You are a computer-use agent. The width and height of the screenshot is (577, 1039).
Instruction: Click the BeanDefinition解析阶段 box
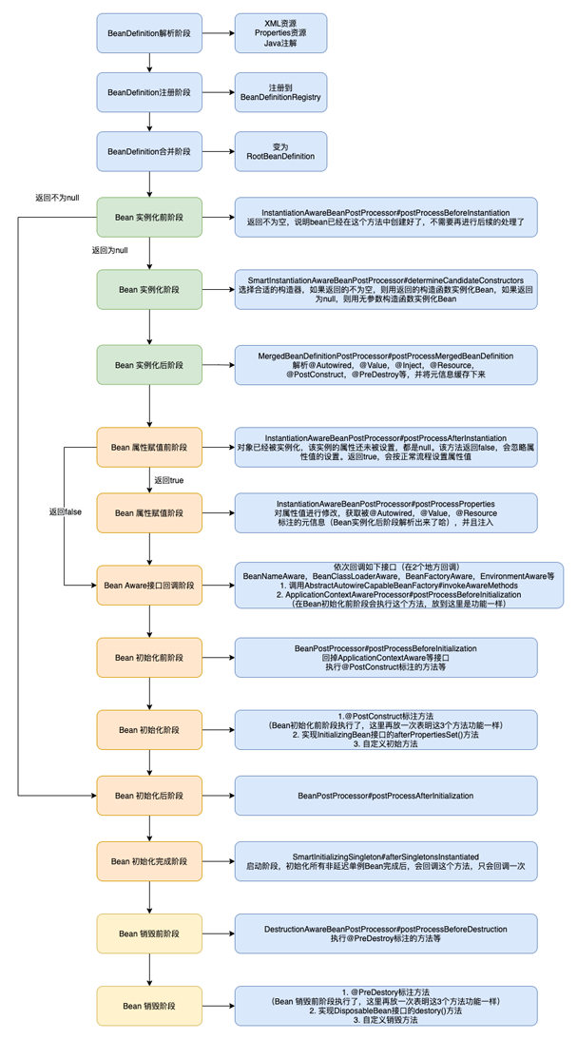coord(150,33)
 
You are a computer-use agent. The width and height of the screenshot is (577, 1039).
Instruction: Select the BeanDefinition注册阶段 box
coord(150,92)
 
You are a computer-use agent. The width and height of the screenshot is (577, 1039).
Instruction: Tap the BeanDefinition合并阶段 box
coord(150,151)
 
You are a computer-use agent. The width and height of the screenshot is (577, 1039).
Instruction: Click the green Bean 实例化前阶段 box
coord(150,218)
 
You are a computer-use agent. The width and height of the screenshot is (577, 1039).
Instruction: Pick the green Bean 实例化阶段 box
coord(150,289)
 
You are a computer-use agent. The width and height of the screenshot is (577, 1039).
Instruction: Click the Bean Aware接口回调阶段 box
coord(150,585)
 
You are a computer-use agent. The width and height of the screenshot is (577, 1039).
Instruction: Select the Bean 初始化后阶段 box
coord(150,795)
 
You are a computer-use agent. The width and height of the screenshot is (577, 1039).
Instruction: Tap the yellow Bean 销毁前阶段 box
coord(150,933)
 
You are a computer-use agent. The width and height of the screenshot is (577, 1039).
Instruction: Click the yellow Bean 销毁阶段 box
coord(150,1006)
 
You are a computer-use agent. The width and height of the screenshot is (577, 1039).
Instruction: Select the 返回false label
coord(66,511)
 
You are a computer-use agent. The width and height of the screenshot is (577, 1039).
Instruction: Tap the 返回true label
coord(169,480)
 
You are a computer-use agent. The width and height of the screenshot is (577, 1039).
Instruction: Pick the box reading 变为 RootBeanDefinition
coord(279,151)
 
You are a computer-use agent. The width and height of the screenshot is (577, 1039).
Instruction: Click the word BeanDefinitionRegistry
coord(280,97)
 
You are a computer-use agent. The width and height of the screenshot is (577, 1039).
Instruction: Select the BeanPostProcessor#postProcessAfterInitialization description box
coord(385,795)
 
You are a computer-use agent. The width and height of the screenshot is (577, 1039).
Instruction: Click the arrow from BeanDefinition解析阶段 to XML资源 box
coord(220,33)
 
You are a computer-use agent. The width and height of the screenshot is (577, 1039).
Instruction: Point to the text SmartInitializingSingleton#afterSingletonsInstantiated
coord(385,856)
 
